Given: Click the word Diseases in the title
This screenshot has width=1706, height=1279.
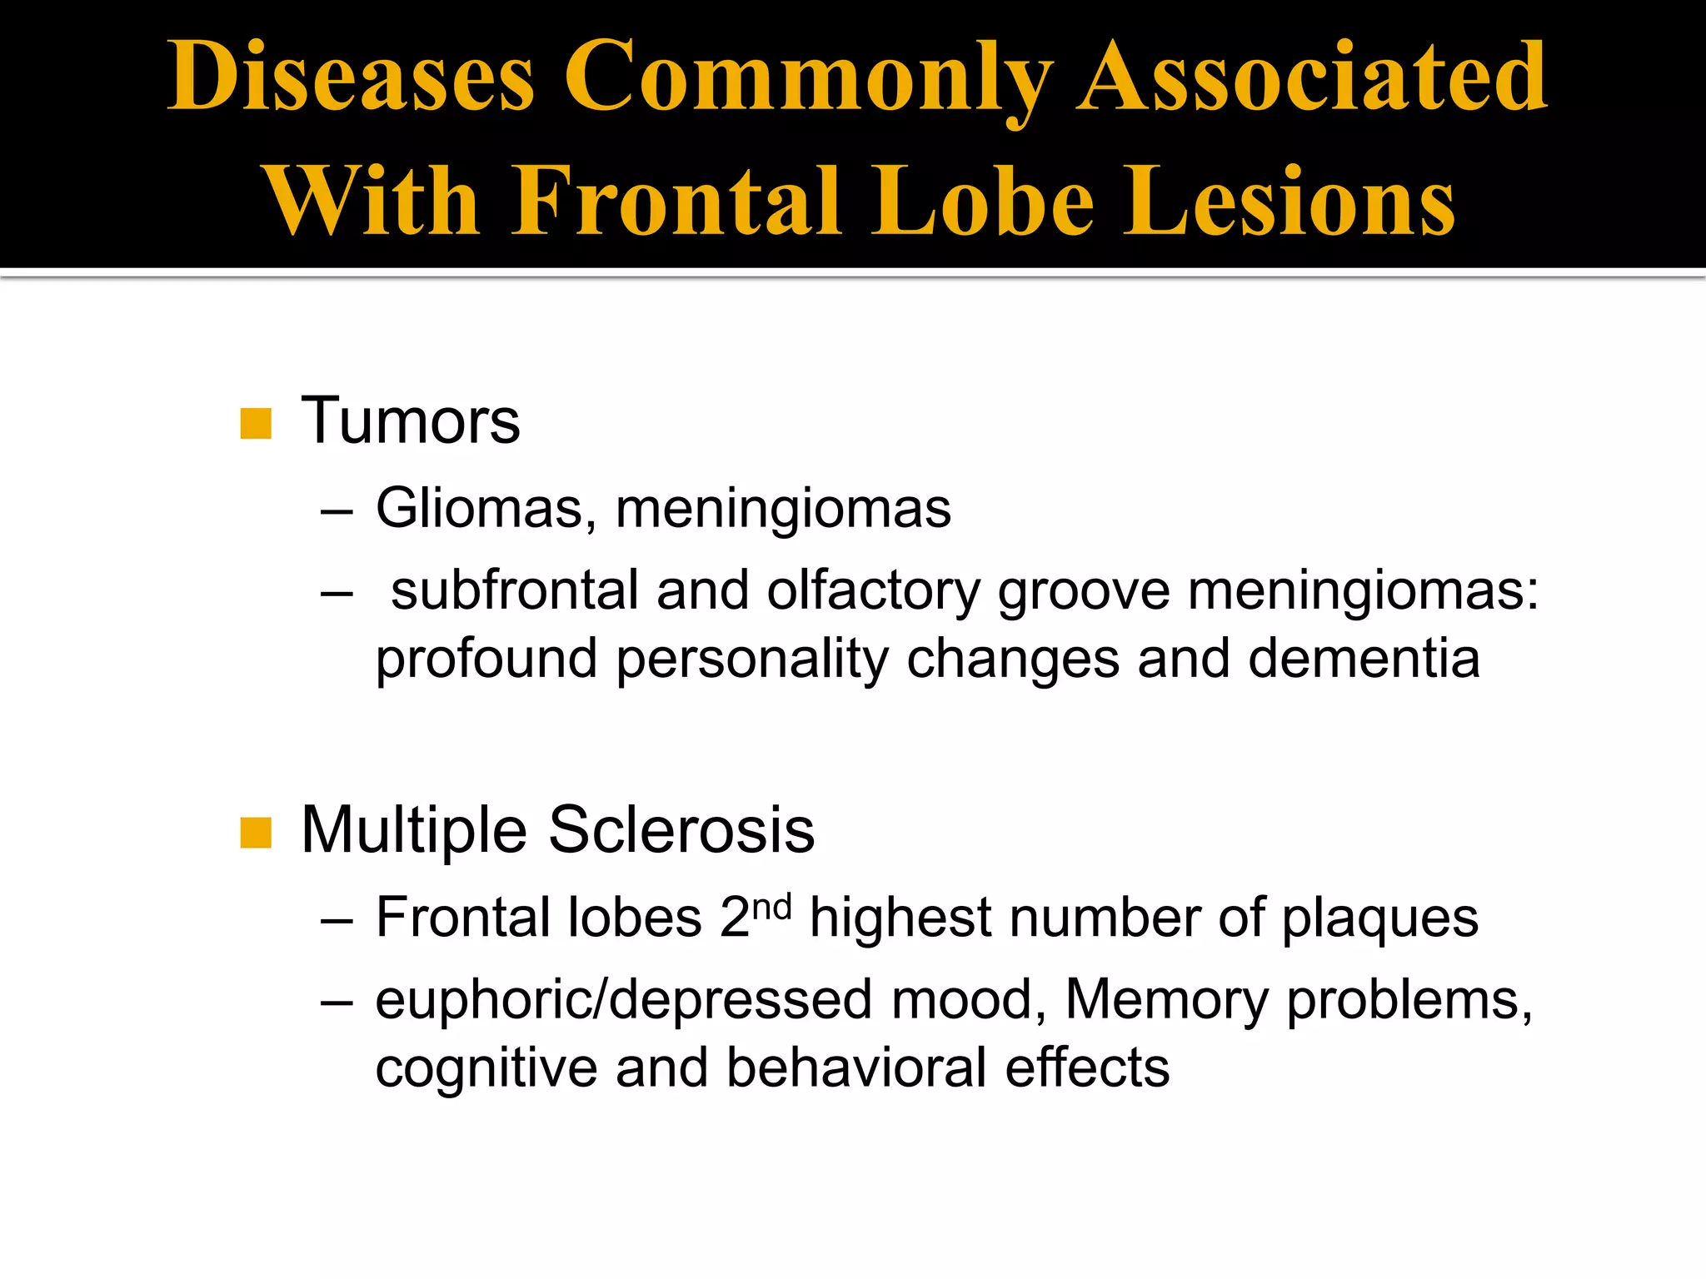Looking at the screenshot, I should pyautogui.click(x=351, y=77).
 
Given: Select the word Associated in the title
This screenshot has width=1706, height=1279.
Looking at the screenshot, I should pyautogui.click(x=1312, y=77).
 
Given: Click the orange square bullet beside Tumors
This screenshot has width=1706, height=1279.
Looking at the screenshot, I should pyautogui.click(x=256, y=423).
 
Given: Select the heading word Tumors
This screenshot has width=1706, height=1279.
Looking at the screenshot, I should pyautogui.click(x=411, y=421).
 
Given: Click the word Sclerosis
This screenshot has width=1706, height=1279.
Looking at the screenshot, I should pyautogui.click(x=681, y=830).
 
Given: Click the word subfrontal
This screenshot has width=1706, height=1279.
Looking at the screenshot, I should pyautogui.click(x=514, y=590).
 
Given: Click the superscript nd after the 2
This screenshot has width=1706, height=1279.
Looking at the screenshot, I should pyautogui.click(x=771, y=906).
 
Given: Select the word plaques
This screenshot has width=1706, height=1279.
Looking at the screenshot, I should pyautogui.click(x=1379, y=919).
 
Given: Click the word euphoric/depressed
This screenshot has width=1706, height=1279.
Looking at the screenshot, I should pyautogui.click(x=624, y=1000).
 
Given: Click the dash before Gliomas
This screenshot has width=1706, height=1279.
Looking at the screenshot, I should pyautogui.click(x=337, y=510).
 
